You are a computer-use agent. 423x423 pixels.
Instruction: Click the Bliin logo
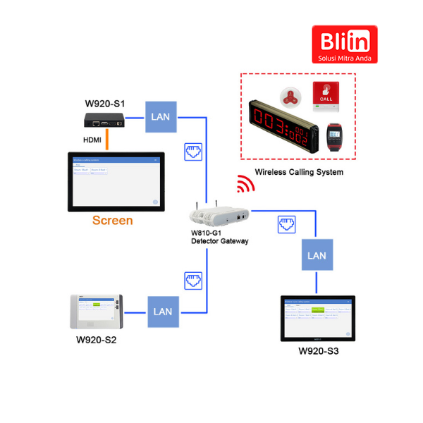coord(345,44)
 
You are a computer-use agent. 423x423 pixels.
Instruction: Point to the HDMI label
coord(92,140)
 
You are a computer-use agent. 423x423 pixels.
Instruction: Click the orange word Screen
coord(113,221)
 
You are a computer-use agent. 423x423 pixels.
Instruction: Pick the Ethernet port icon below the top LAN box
coord(193,151)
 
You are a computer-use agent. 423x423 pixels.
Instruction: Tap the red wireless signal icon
coord(245,183)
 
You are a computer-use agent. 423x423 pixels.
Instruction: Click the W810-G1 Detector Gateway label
coord(219,237)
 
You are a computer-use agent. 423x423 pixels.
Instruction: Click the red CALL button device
coord(326,94)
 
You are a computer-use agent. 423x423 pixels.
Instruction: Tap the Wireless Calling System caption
coord(300,172)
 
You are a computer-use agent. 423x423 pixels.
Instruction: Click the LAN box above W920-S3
coord(318,255)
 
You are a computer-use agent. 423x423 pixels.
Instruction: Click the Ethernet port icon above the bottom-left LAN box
coord(193,281)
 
